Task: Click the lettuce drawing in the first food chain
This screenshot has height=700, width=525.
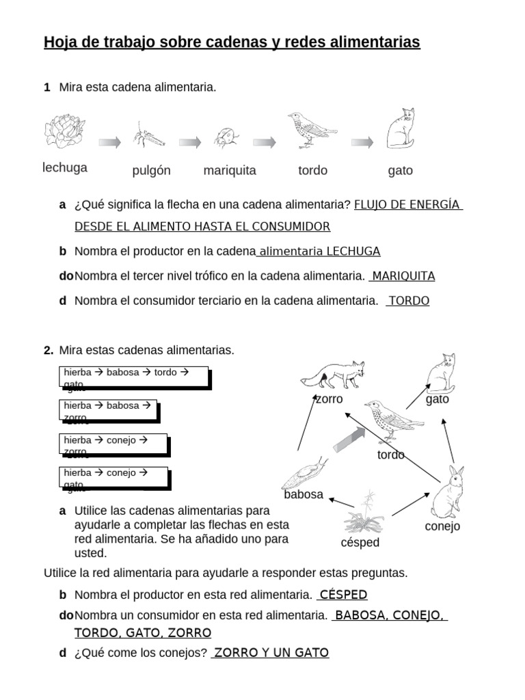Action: [65, 130]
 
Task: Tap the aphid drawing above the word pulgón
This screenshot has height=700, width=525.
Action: [149, 135]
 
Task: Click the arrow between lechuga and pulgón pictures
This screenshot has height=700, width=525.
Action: [109, 142]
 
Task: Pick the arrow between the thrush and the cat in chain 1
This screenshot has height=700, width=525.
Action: [362, 142]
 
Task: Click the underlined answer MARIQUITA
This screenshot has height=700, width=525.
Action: [403, 276]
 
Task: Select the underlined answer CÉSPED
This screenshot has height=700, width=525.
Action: [343, 594]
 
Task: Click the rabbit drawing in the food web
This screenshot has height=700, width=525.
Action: [448, 492]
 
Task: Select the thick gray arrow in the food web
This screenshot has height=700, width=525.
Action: [349, 438]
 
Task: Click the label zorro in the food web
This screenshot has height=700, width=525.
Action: [329, 399]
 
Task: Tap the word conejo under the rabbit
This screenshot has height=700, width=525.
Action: [442, 526]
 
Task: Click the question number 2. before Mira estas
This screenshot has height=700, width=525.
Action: [49, 350]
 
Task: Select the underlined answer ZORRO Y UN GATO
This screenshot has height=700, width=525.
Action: [271, 653]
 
